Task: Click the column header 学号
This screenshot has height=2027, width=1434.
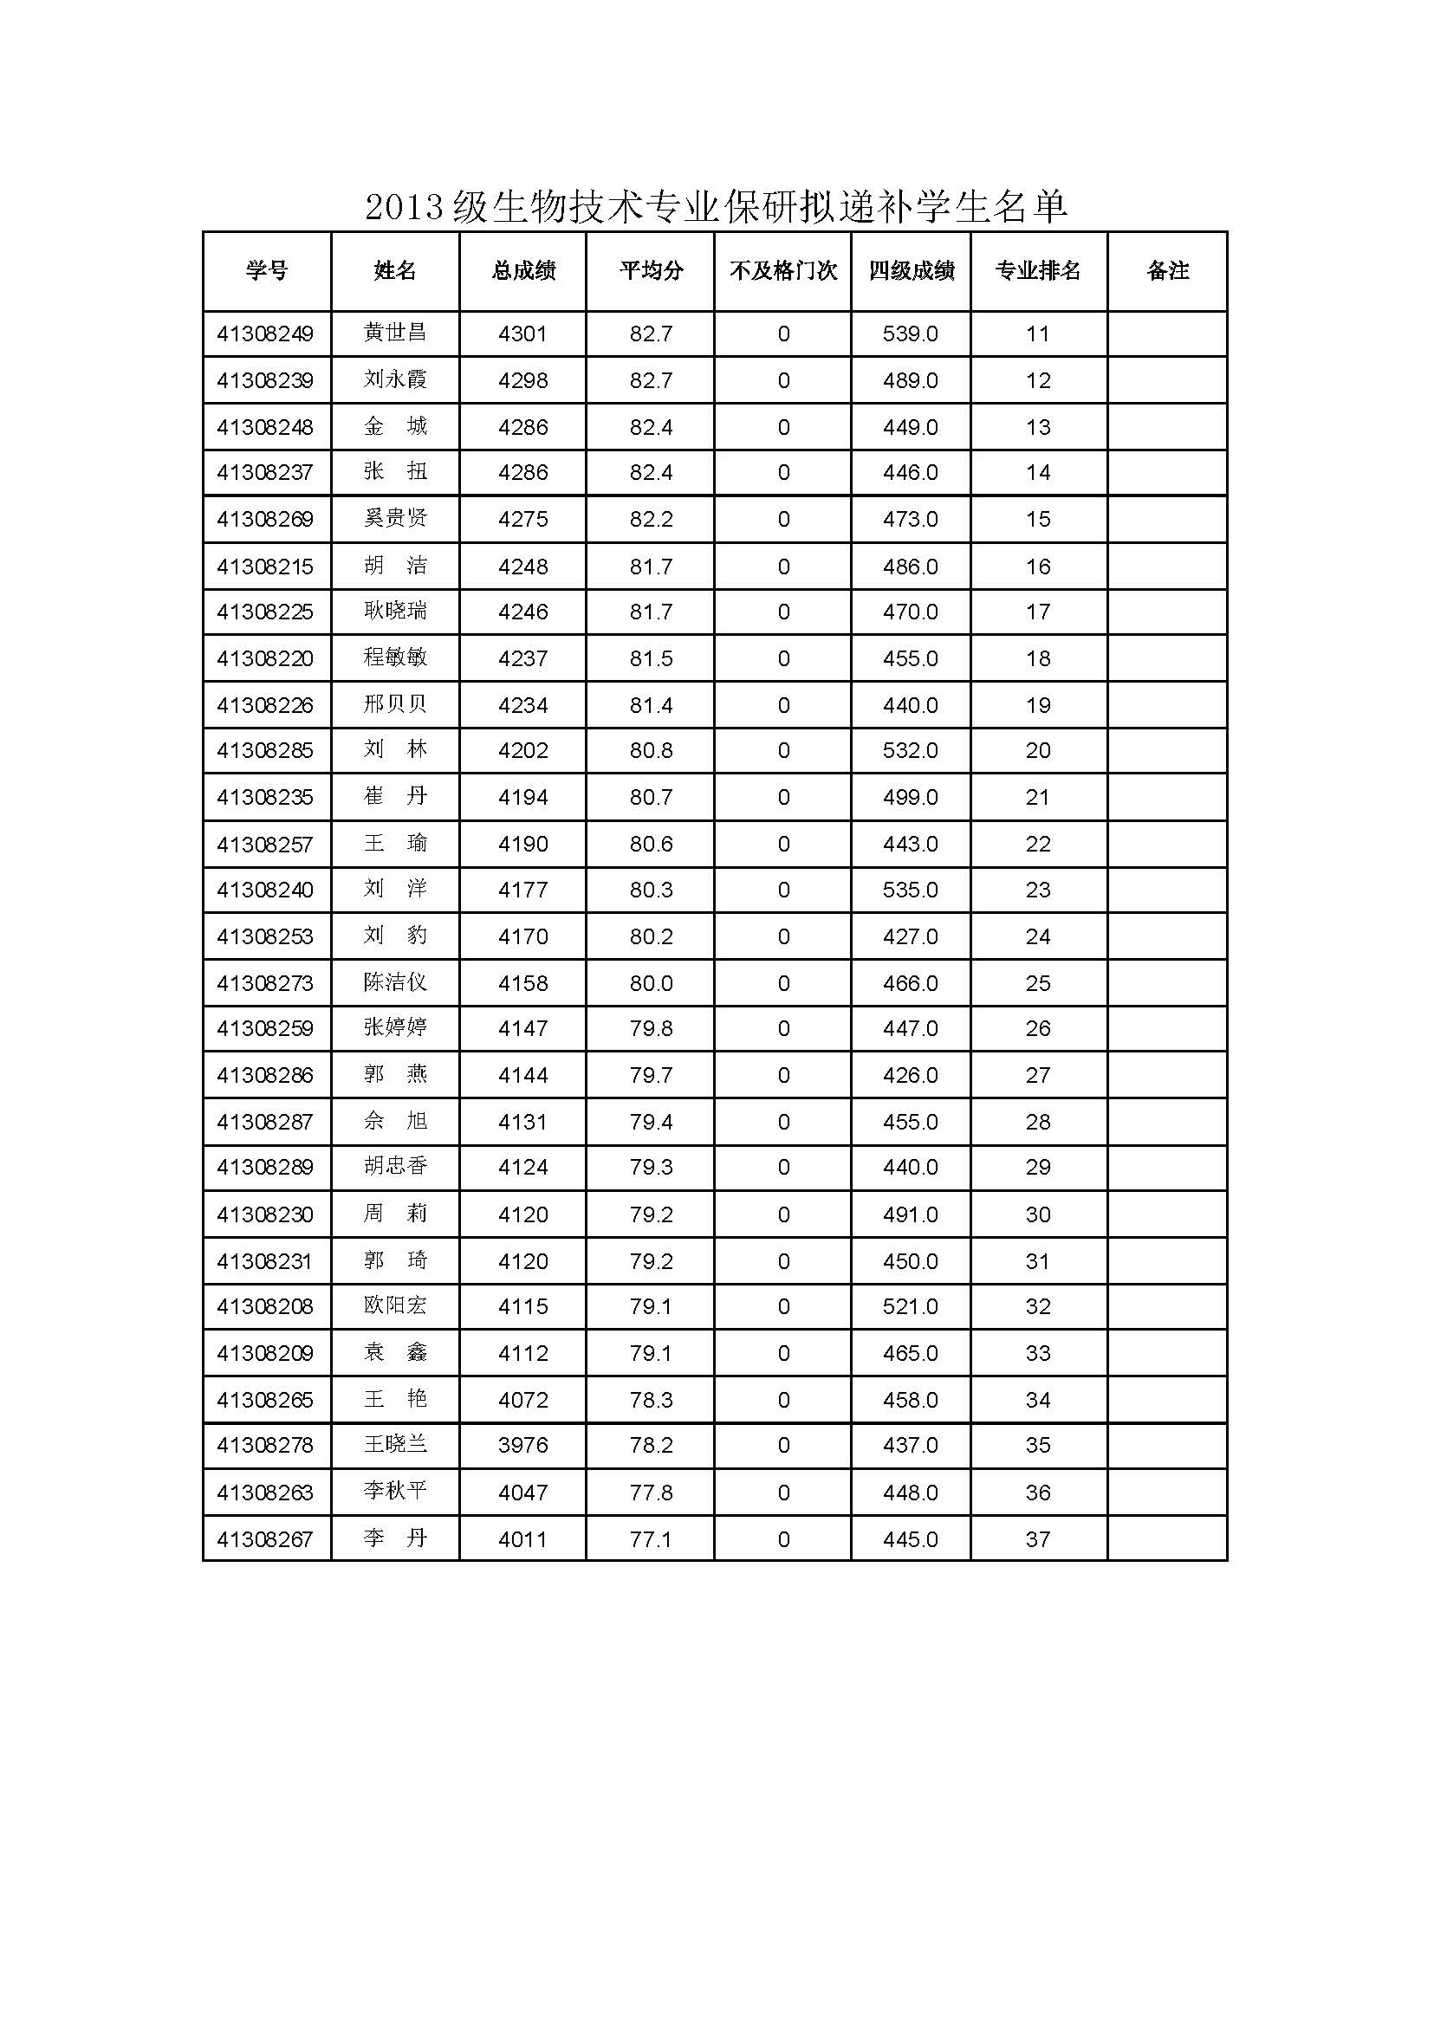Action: click(x=267, y=270)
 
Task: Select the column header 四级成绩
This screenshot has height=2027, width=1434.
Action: click(x=911, y=270)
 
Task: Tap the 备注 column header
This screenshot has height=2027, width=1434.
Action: click(x=1167, y=270)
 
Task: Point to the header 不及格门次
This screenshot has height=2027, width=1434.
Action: click(x=782, y=270)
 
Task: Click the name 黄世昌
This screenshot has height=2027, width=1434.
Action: click(x=395, y=333)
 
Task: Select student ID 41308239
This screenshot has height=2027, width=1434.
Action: click(x=265, y=380)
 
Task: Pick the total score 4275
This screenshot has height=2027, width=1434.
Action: click(x=522, y=519)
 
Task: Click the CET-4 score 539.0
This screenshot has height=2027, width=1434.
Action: click(x=911, y=334)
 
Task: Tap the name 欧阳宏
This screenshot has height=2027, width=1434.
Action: click(x=395, y=1305)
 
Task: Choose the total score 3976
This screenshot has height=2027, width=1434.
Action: click(x=522, y=1445)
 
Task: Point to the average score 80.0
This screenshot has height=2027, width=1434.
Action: click(x=651, y=983)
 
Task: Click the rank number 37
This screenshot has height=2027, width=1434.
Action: click(x=1037, y=1539)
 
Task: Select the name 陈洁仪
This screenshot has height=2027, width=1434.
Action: click(x=395, y=982)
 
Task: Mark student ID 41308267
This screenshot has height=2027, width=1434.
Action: click(x=265, y=1539)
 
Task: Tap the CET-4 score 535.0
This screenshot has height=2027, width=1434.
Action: click(x=911, y=890)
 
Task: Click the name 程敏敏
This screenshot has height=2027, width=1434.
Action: click(x=395, y=657)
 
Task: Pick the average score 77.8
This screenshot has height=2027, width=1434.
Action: click(x=651, y=1493)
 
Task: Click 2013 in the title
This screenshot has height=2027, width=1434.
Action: click(x=403, y=209)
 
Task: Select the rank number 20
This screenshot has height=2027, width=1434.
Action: click(x=1037, y=750)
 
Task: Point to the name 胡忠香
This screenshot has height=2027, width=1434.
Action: click(x=395, y=1166)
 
